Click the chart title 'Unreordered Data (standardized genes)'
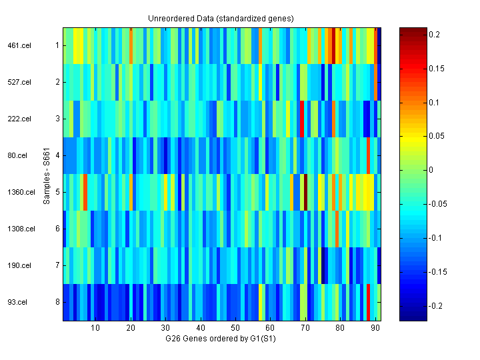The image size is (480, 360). click(x=221, y=18)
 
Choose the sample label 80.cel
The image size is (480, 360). click(x=19, y=156)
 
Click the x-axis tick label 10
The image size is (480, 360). click(x=95, y=328)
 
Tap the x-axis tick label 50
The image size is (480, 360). click(x=235, y=328)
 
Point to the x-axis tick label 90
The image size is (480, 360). click(x=375, y=328)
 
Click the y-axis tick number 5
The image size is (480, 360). click(x=57, y=193)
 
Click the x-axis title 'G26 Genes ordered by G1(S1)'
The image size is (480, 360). click(x=221, y=339)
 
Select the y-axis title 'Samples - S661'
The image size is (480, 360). click(x=47, y=174)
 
